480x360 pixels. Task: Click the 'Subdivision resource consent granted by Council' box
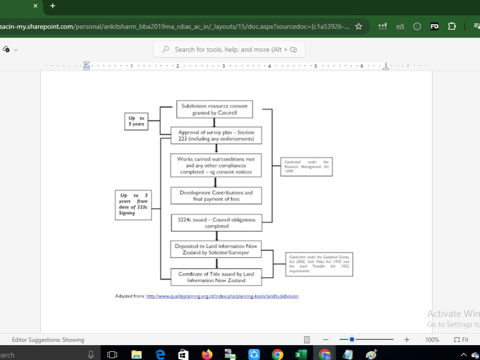tap(215, 109)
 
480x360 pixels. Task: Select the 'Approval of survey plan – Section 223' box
tap(216, 136)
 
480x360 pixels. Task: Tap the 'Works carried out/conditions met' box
tap(216, 166)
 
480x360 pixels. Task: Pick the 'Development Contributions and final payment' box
tap(216, 196)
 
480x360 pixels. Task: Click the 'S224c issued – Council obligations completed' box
tap(216, 223)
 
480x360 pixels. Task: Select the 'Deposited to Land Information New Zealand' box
tap(216, 249)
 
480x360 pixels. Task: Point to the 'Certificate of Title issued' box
tap(216, 277)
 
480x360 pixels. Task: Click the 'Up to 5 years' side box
tap(136, 121)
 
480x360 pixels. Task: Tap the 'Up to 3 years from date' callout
tap(133, 204)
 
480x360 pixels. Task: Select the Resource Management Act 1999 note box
tap(306, 167)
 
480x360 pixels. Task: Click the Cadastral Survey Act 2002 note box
tap(319, 264)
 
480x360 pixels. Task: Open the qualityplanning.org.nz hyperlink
tap(222, 296)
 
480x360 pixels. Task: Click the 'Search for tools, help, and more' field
tap(229, 49)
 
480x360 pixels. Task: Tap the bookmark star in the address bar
tap(359, 26)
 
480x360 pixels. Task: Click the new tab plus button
tap(53, 6)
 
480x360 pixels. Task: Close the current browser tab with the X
tap(35, 6)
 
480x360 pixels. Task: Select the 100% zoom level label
tap(432, 340)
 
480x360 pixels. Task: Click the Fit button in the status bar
tap(461, 340)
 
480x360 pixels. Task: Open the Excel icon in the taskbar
tap(301, 355)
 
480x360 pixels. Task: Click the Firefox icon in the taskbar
tap(207, 355)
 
